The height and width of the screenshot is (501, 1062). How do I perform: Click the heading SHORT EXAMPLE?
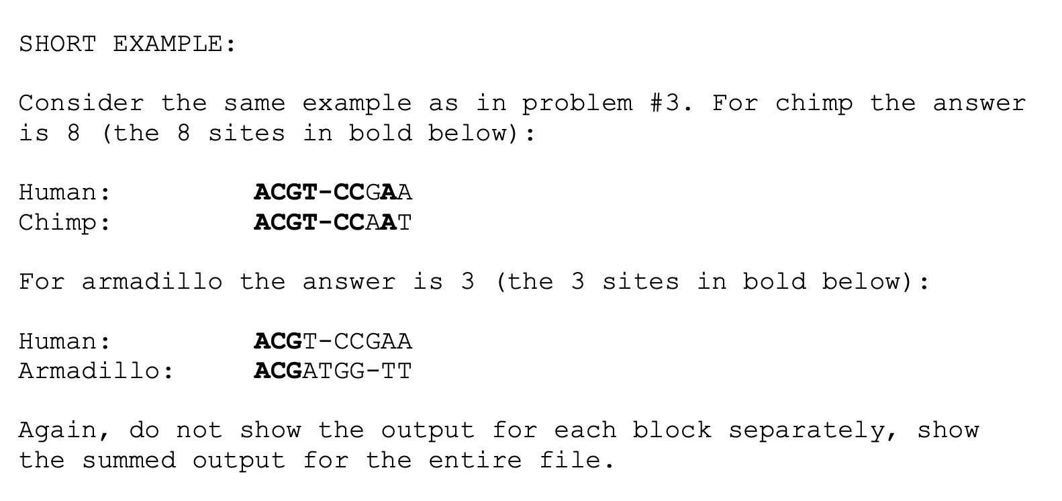[128, 44]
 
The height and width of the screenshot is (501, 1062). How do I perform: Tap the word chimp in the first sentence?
[814, 103]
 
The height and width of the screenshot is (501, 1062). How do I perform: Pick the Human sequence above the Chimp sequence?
[333, 192]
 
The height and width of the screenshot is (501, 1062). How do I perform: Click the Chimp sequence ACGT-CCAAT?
[333, 222]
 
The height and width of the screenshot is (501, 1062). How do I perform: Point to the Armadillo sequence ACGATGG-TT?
[333, 371]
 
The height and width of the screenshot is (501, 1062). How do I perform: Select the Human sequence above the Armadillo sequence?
[333, 341]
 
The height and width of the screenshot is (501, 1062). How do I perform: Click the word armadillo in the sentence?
[152, 281]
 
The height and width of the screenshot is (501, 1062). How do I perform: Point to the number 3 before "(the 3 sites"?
[468, 281]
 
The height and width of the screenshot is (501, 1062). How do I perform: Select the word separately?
[814, 430]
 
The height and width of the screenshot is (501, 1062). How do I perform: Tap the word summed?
[128, 461]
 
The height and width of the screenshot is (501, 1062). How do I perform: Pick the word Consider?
[81, 103]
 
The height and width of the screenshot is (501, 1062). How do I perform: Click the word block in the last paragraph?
[671, 430]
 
